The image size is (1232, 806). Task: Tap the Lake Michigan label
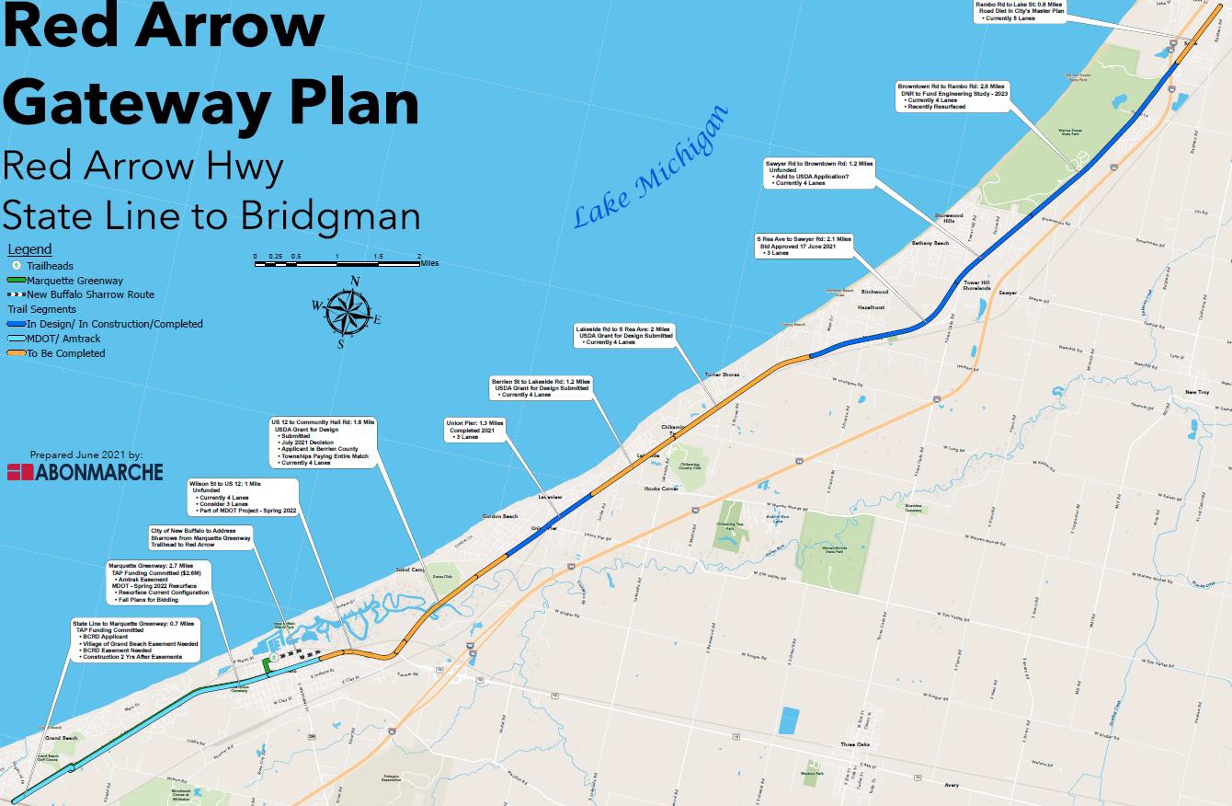pos(650,168)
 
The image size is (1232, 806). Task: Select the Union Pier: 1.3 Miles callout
pos(474,430)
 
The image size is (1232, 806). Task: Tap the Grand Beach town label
pos(62,738)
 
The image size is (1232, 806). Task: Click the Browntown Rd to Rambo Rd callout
pos(953,96)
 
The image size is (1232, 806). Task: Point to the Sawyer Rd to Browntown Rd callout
pos(818,173)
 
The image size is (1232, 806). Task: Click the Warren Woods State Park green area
pos(834,550)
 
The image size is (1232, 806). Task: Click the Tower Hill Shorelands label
pos(976,284)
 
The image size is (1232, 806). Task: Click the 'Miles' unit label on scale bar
pos(428,263)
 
